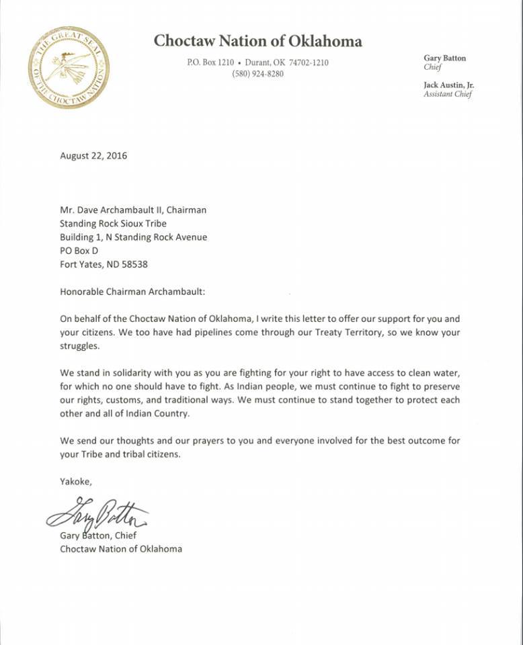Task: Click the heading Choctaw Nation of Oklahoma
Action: pyautogui.click(x=257, y=41)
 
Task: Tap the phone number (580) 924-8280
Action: pyautogui.click(x=258, y=74)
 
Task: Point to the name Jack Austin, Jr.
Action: pyautogui.click(x=448, y=85)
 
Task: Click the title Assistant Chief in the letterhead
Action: pyautogui.click(x=448, y=95)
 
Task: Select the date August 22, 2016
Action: pyautogui.click(x=93, y=156)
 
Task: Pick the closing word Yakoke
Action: pyautogui.click(x=75, y=481)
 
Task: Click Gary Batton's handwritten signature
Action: pyautogui.click(x=97, y=516)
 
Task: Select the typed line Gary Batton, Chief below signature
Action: pyautogui.click(x=98, y=535)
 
